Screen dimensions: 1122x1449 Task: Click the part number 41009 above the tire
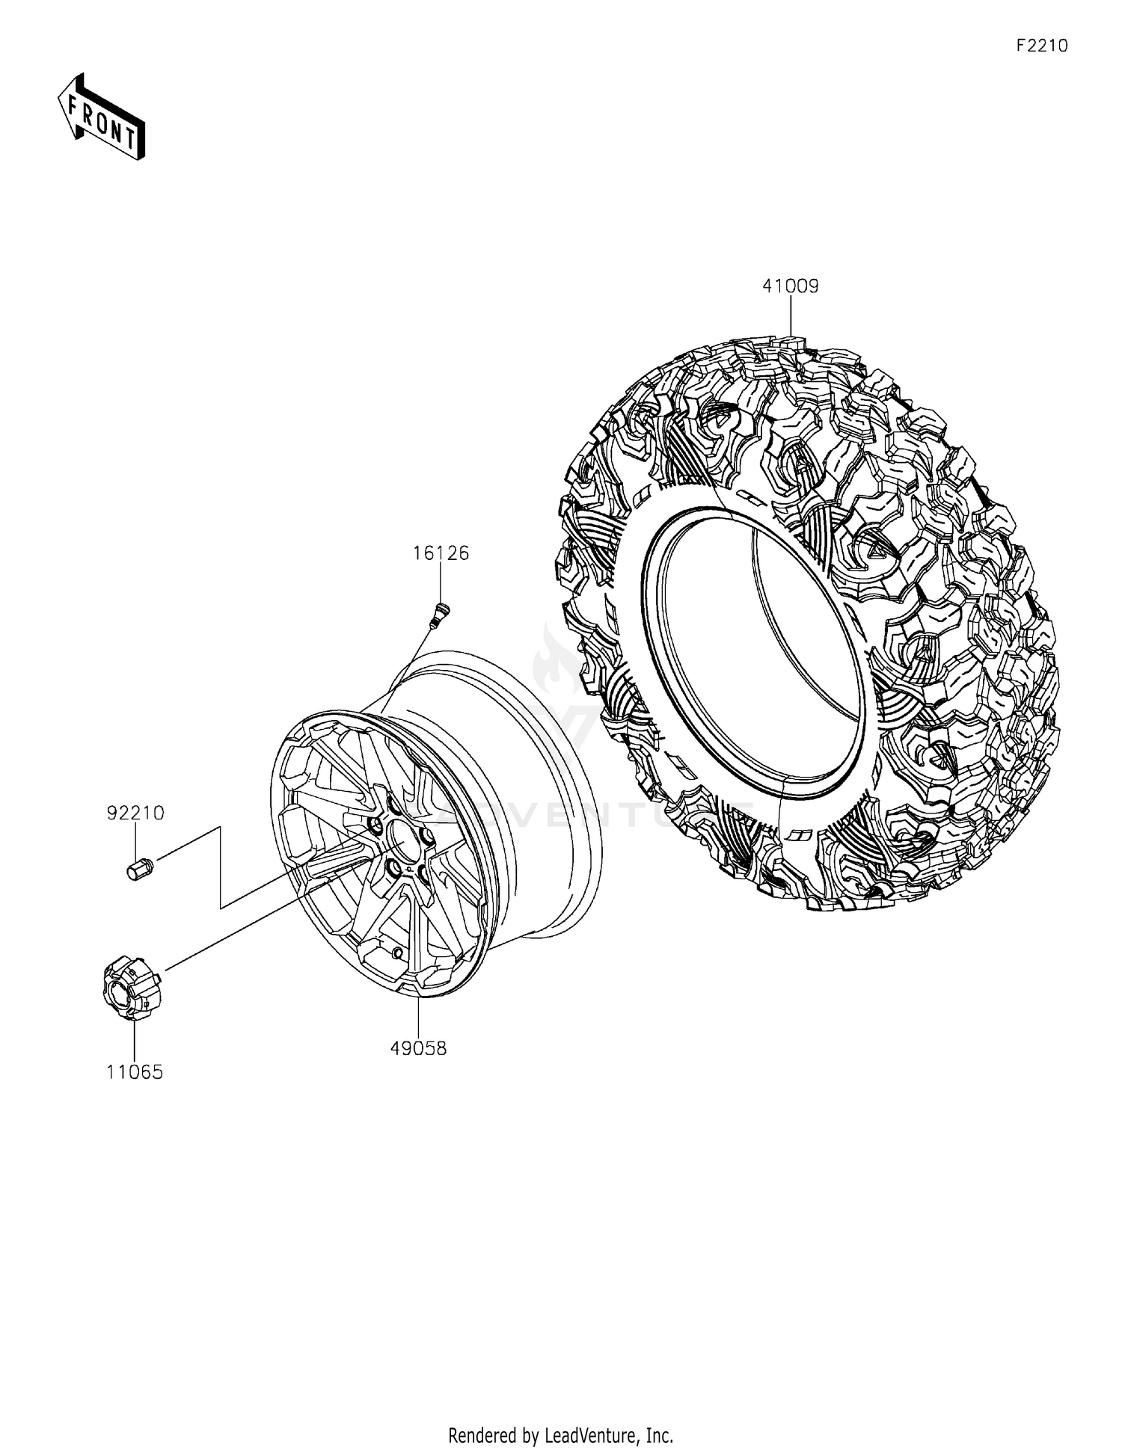[791, 286]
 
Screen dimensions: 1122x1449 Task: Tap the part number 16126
[441, 553]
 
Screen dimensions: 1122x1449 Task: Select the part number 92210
[135, 813]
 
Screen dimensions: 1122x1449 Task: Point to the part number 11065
[135, 1072]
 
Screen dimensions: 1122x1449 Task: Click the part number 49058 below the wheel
[418, 1049]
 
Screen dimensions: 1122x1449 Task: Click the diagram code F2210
[1042, 46]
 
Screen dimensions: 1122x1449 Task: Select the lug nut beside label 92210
[137, 870]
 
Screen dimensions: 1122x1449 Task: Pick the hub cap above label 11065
[130, 989]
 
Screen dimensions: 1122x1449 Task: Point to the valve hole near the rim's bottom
[397, 953]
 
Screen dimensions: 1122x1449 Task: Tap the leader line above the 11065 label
[135, 1042]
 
